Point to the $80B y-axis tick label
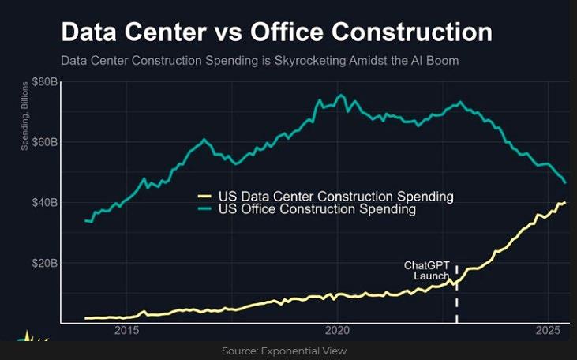(43, 82)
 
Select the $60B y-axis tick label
(43, 142)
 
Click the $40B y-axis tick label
(43, 202)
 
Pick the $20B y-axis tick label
(43, 262)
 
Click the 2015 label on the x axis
(127, 329)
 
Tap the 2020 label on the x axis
(337, 329)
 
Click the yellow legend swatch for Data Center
(204, 197)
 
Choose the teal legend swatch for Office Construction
(204, 210)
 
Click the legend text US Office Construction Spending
(317, 210)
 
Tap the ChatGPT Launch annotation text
(426, 271)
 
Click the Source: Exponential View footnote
(284, 351)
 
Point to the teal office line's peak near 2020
(341, 96)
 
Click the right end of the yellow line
(564, 202)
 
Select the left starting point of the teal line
(85, 220)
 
